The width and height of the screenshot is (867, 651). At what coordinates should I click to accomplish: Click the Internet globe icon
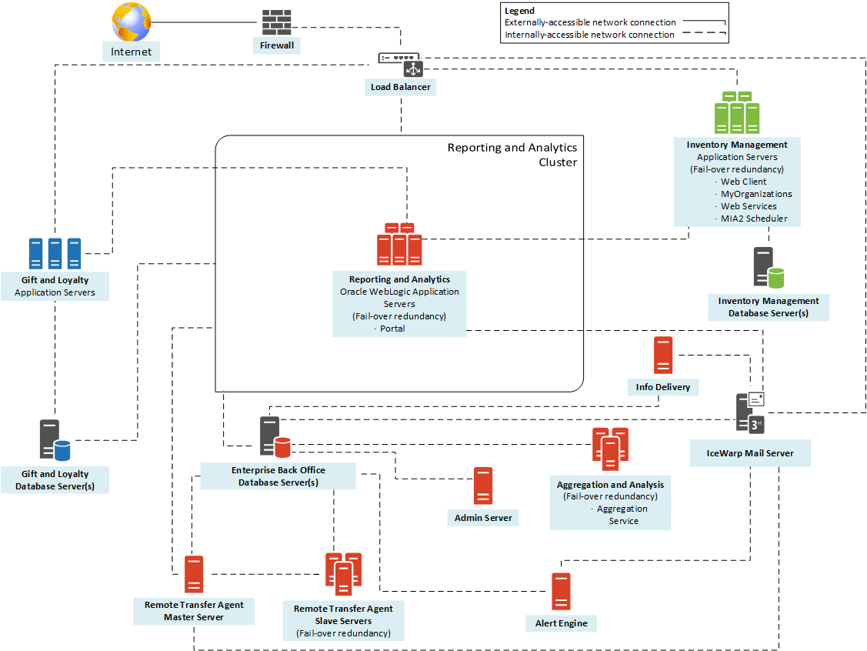pos(132,22)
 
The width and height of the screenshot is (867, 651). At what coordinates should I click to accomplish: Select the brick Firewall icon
pos(276,22)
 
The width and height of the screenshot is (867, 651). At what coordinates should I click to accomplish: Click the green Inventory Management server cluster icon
pos(737,112)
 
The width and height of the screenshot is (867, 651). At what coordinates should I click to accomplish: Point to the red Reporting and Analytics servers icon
pos(399,244)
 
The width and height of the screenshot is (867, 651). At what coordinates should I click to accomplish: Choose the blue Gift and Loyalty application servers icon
pos(55,252)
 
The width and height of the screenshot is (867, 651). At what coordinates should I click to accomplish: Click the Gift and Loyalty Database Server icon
pos(55,439)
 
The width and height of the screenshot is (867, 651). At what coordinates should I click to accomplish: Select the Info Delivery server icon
pos(662,356)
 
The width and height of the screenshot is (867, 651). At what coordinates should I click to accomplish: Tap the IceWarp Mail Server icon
pos(749,413)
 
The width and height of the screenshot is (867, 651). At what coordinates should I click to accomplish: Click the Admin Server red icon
pos(483,486)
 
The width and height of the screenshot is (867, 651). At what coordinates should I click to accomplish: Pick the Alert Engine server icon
pos(561,592)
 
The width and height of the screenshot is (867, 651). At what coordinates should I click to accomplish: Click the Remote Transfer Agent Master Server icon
pos(194,574)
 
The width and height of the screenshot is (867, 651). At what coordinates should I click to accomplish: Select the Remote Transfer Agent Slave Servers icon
pos(343,574)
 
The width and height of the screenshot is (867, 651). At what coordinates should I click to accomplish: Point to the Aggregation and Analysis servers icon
pos(610,449)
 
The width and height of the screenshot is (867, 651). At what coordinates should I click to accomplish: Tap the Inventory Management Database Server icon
pos(768,269)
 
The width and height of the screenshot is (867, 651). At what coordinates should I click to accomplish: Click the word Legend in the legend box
pos(519,11)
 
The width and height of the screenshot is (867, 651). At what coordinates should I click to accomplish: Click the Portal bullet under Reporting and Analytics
pos(392,329)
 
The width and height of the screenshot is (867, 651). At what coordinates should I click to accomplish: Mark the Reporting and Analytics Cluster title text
pos(512,155)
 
